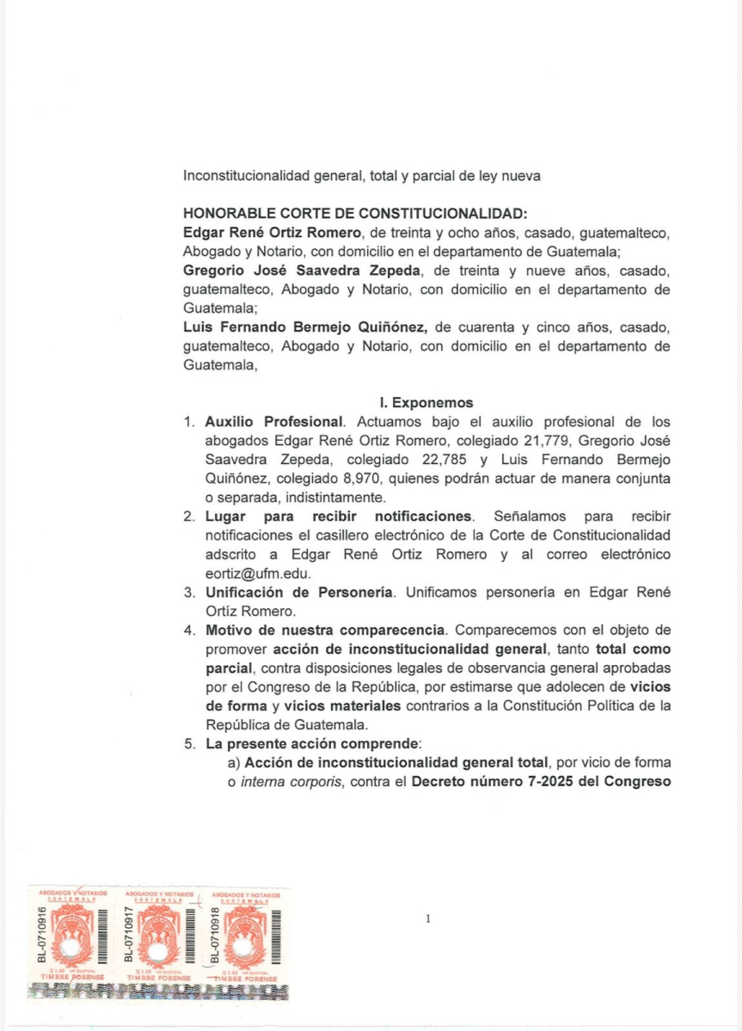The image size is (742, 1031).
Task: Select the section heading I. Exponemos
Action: pos(426,401)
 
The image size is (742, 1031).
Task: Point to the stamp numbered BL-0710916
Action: pos(72,940)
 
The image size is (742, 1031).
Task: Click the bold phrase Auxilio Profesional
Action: pos(274,422)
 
